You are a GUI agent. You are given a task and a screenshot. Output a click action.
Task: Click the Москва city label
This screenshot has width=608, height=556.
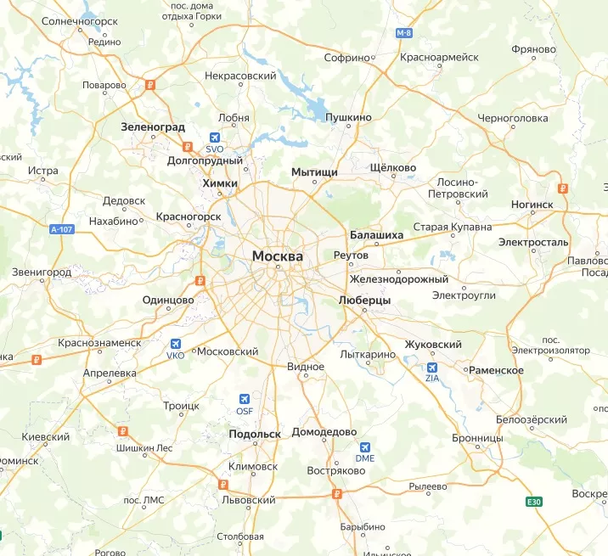pos(278,256)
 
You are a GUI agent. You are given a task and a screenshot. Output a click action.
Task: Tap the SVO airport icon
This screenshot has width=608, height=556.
pos(214,138)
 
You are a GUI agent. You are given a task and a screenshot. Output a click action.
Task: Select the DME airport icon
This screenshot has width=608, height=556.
pos(365,446)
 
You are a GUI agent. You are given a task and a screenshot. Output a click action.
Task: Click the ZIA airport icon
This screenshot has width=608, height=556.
pos(432,368)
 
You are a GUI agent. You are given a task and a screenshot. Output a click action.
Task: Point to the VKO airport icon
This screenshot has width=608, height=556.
pos(176,344)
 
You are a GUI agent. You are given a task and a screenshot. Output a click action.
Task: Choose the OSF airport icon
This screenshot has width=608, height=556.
pos(245,399)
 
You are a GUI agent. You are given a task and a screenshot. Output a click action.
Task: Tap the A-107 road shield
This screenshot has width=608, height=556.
pos(62,229)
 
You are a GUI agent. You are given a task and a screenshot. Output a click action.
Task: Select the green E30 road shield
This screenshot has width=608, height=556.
pos(533,502)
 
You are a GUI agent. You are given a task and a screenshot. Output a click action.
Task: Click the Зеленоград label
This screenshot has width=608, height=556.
pos(153,126)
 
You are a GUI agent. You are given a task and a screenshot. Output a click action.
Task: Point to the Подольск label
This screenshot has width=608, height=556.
pos(255,434)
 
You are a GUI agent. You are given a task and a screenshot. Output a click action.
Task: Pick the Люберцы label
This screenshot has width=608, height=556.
pos(364,300)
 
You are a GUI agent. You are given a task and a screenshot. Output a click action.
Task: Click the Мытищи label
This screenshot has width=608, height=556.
pos(315,172)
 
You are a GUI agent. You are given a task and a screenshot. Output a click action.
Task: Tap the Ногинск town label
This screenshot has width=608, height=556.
pos(532,205)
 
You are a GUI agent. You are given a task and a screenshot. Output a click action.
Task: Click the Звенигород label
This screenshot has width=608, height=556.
pos(42,272)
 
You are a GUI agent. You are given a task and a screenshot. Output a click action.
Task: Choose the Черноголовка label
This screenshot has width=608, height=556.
pos(513,118)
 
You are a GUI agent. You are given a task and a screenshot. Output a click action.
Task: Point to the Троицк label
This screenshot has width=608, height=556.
pos(181,407)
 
